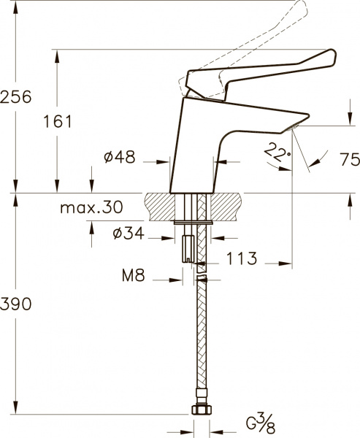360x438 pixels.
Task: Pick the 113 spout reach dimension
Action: coord(240,258)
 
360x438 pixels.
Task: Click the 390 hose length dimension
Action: coord(16,305)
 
